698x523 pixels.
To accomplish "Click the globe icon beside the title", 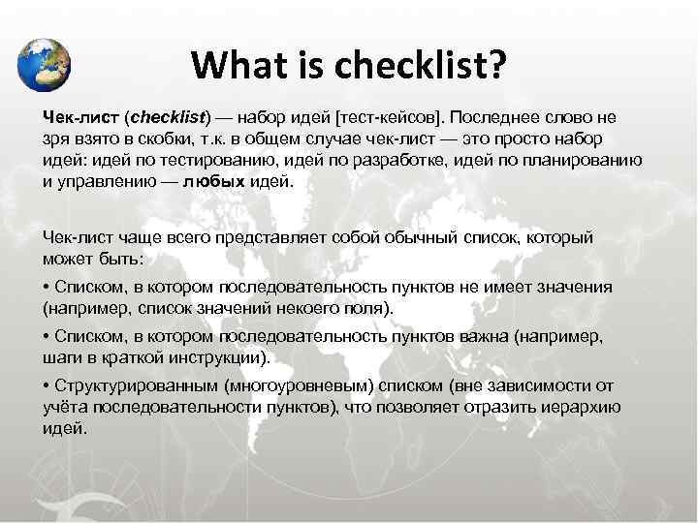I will point(45,64).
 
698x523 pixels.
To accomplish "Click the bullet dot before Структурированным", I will point(47,385).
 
